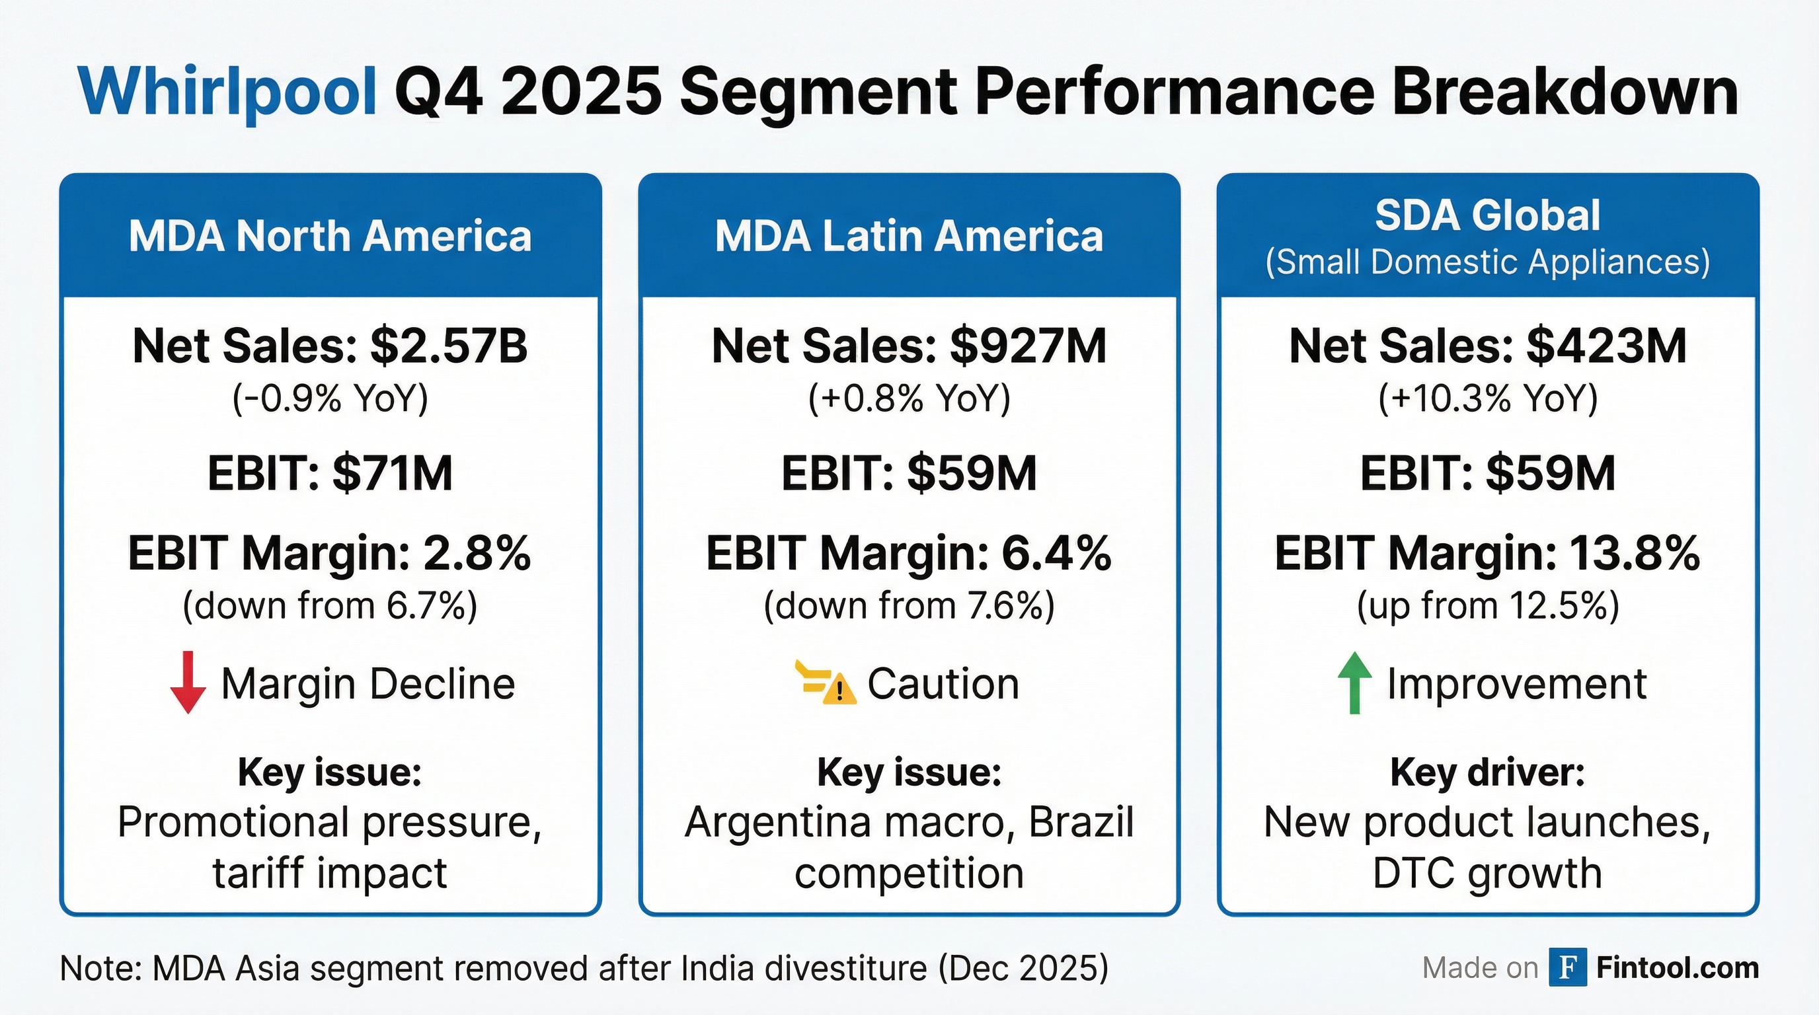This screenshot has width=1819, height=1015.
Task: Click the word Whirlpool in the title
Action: coord(228,94)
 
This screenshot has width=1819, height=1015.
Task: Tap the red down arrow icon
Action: coord(188,683)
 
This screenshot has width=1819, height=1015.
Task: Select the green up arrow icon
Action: coord(1354,683)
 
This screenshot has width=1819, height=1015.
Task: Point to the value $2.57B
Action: coord(448,346)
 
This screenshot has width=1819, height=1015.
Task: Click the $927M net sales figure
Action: coord(1027,346)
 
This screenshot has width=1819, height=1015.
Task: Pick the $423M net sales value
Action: coord(1606,346)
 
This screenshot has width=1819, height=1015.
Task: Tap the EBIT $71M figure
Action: coord(392,473)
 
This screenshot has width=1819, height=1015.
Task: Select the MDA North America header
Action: coord(330,236)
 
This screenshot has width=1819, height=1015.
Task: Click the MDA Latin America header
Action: coord(909,236)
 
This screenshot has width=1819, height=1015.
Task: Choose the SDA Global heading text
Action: coord(1487,215)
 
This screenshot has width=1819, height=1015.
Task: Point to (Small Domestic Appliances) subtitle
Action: coord(1487,262)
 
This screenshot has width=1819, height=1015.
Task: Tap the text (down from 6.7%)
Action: coord(330,605)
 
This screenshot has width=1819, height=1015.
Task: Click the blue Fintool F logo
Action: coord(1568,967)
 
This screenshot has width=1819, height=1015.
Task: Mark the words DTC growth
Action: coord(1487,873)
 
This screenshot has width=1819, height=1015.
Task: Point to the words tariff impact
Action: coord(330,873)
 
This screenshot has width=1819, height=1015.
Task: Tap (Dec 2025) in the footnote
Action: coord(1023,967)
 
